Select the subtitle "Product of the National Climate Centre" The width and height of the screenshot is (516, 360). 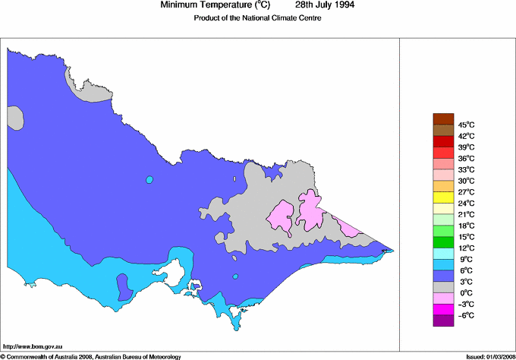(x=259, y=18)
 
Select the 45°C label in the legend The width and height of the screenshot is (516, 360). (x=466, y=125)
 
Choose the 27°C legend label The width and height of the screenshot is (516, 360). (x=466, y=192)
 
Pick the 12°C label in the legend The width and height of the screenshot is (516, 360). (x=466, y=248)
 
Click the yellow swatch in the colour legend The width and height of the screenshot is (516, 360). (x=442, y=197)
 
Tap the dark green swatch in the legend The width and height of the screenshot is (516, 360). (x=442, y=242)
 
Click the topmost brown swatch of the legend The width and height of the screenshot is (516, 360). (x=442, y=118)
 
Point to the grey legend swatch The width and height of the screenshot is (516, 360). (x=442, y=287)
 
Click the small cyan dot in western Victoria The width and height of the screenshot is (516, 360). (x=149, y=180)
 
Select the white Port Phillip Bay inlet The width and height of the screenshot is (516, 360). (x=180, y=269)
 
